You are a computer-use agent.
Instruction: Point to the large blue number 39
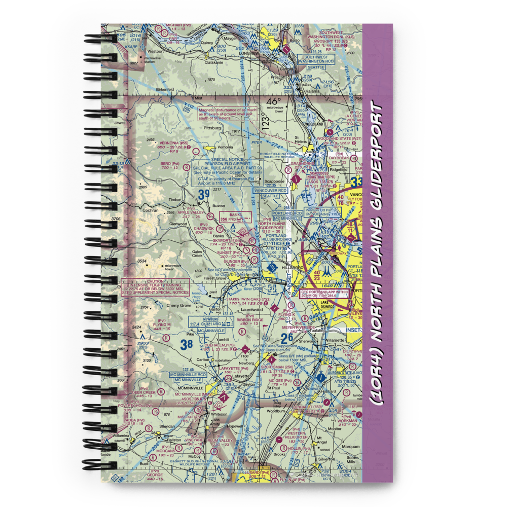[x=203, y=194]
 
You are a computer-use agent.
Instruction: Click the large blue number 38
[x=186, y=344]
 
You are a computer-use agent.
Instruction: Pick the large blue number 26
[x=286, y=338]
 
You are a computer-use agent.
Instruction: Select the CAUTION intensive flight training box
[x=155, y=287]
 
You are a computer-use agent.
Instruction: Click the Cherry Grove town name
[x=179, y=305]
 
